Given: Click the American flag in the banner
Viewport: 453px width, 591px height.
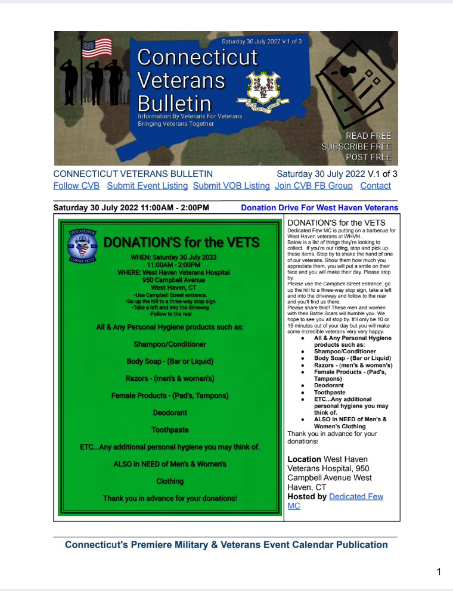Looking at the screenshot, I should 97,48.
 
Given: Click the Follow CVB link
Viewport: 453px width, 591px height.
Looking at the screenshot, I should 76,186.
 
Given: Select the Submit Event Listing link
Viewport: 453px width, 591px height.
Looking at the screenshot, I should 147,186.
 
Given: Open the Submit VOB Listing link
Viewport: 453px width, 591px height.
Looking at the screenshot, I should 231,186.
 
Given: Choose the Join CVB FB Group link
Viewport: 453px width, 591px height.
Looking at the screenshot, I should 314,186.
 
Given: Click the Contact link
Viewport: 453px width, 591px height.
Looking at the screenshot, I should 376,186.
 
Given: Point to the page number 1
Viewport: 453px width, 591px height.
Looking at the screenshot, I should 439,573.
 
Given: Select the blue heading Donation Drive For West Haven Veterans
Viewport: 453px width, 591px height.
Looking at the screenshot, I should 319,208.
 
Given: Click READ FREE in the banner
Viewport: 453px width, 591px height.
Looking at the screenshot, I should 368,136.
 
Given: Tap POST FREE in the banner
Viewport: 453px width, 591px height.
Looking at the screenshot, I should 368,157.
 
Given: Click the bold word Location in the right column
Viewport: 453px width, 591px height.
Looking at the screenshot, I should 305,459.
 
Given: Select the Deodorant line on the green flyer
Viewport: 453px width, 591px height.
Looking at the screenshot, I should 170,412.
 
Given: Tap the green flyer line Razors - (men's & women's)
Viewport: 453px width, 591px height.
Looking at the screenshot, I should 170,378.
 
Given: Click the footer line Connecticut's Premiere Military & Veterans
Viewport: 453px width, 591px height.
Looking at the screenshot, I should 226,545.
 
